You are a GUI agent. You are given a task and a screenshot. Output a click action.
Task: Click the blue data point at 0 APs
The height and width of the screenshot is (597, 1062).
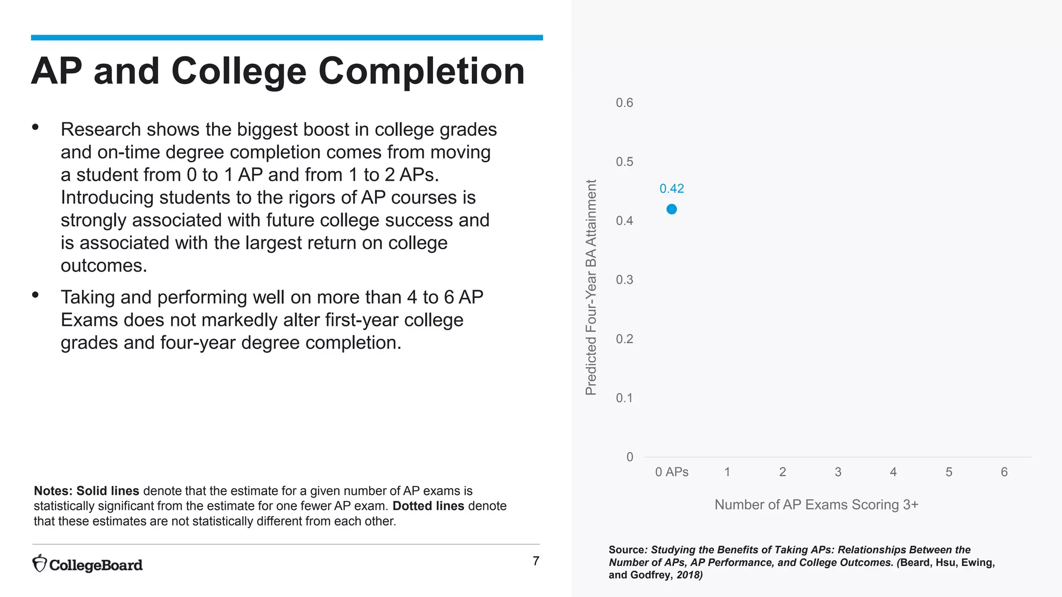coord(672,209)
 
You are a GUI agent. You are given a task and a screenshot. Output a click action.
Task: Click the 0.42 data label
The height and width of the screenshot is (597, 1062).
coord(672,189)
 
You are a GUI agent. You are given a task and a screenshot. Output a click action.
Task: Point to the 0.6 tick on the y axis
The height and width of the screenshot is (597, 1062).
coord(624,103)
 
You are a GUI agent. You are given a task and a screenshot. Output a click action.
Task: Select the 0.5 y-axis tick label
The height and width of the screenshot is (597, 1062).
coord(624,162)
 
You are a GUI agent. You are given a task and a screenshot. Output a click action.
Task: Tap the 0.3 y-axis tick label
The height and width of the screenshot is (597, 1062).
coord(624,280)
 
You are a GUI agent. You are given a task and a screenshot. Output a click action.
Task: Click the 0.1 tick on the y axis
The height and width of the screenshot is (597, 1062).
coord(624,398)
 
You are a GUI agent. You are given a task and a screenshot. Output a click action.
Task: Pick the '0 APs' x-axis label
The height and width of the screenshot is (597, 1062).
coord(672,472)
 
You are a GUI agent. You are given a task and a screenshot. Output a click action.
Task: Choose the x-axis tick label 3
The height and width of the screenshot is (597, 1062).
coord(838,472)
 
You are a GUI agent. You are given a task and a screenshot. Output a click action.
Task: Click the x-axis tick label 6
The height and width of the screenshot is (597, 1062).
coord(1004,472)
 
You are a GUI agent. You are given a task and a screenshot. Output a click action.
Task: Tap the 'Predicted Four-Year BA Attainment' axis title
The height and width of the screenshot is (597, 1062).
coord(591,288)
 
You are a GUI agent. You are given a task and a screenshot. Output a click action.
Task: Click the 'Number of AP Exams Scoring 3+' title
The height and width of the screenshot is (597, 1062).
coord(816,505)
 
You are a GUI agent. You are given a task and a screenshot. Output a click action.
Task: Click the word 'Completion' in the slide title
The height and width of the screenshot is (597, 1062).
coord(421,71)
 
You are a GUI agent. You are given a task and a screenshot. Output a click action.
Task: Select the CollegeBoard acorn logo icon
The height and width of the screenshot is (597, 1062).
coord(39,564)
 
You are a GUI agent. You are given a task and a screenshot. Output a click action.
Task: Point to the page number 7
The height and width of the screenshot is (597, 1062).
coord(536,561)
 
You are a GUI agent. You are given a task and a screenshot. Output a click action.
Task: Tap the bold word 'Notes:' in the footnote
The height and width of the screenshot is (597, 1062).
coord(53,491)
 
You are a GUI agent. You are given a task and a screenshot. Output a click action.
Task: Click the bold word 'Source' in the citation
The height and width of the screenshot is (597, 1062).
coord(626,550)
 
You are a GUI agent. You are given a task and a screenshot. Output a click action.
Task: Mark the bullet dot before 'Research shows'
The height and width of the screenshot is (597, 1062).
coord(35,127)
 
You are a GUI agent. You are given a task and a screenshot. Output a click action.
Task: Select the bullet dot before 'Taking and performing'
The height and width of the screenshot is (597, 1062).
coord(35,295)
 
